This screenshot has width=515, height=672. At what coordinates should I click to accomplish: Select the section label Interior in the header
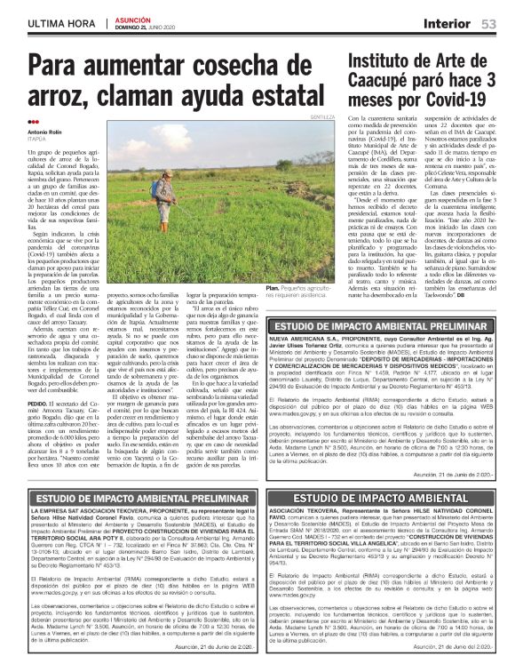446,23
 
